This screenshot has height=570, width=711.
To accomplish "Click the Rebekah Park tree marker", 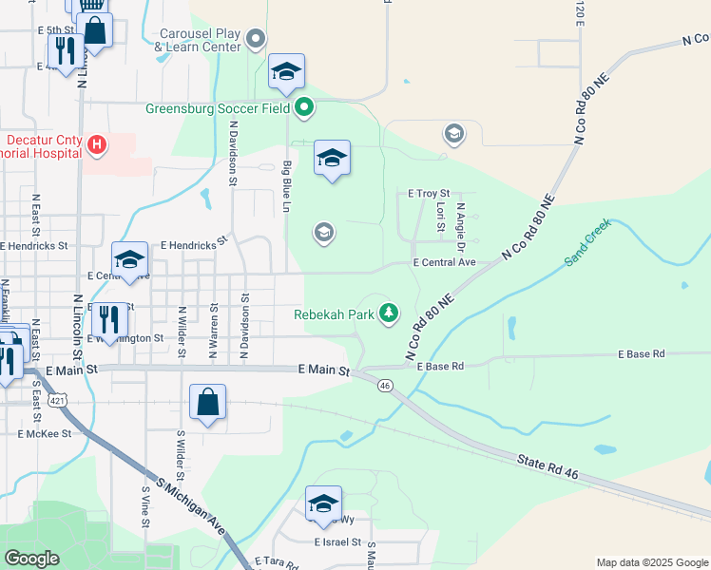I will [388, 313].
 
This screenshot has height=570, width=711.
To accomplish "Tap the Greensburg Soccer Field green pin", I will [304, 107].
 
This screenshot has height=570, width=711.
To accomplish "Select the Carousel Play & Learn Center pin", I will [255, 39].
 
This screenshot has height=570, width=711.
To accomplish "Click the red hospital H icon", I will [96, 144].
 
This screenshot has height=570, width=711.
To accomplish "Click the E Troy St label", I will [428, 193].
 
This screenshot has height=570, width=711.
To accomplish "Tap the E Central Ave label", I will [443, 262].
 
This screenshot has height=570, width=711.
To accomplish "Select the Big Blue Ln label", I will [286, 185].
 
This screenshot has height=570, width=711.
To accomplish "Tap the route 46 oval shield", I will [385, 385].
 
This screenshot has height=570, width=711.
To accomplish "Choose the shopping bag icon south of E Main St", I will [207, 402].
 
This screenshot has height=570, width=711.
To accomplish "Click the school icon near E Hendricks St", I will [129, 258].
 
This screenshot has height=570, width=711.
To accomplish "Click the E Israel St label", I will [338, 542].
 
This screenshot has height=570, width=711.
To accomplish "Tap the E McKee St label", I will [45, 433].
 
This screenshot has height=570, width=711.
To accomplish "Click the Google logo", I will [31, 558].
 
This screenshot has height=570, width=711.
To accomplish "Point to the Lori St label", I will [440, 217].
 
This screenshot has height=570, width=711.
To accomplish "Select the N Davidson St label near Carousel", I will [233, 151].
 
